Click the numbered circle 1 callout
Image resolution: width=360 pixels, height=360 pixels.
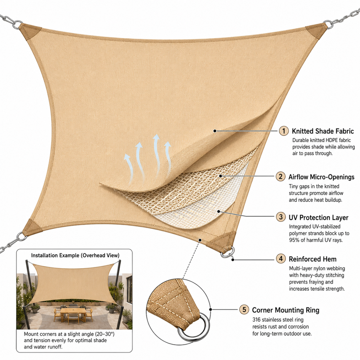[x=284, y=131]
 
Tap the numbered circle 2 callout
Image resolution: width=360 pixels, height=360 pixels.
[x=280, y=177]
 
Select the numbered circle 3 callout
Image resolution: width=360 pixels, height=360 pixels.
[x=281, y=217]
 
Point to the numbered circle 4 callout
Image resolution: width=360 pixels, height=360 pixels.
[x=281, y=259]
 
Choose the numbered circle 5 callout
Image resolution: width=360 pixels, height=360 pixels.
[x=244, y=309]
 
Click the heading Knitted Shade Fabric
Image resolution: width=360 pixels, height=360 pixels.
[x=323, y=131]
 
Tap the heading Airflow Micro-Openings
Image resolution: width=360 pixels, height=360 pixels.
[x=321, y=177]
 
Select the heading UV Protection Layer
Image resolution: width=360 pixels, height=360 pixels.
[x=318, y=217]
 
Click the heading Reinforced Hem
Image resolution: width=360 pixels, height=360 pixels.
[x=312, y=259]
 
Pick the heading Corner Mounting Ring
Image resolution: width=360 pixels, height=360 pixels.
[x=286, y=310]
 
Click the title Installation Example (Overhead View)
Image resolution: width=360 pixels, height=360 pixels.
[x=75, y=255]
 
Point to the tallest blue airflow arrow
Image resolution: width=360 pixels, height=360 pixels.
[x=157, y=156]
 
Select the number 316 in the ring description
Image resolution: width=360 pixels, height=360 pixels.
[x=256, y=319]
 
